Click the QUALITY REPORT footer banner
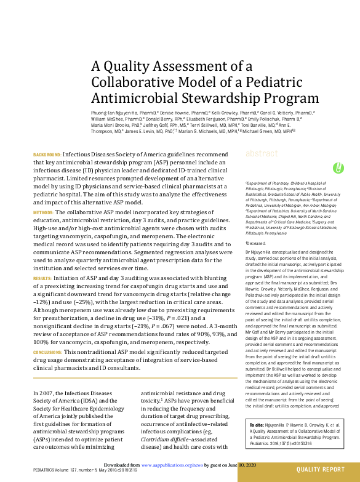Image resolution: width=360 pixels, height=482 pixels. tap(321, 470)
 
